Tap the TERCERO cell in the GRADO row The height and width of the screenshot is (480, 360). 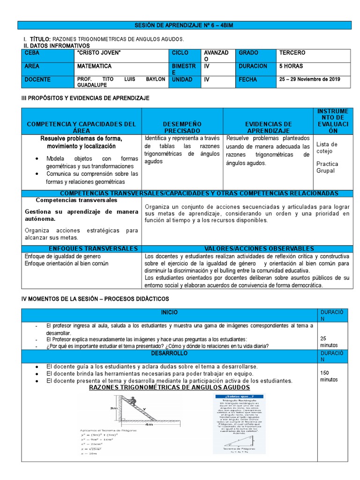pyautogui.click(x=292, y=53)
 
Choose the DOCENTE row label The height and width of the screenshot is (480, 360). pyautogui.click(x=37, y=80)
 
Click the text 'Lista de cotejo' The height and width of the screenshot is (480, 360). pyautogui.click(x=327, y=148)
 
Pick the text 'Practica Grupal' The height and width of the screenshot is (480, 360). pyautogui.click(x=327, y=167)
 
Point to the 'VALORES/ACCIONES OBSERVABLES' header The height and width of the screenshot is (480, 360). pyautogui.click(x=246, y=248)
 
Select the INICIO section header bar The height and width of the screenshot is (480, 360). pyautogui.click(x=169, y=312)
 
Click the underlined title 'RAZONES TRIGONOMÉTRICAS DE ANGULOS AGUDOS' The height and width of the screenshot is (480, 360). pyautogui.click(x=169, y=388)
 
